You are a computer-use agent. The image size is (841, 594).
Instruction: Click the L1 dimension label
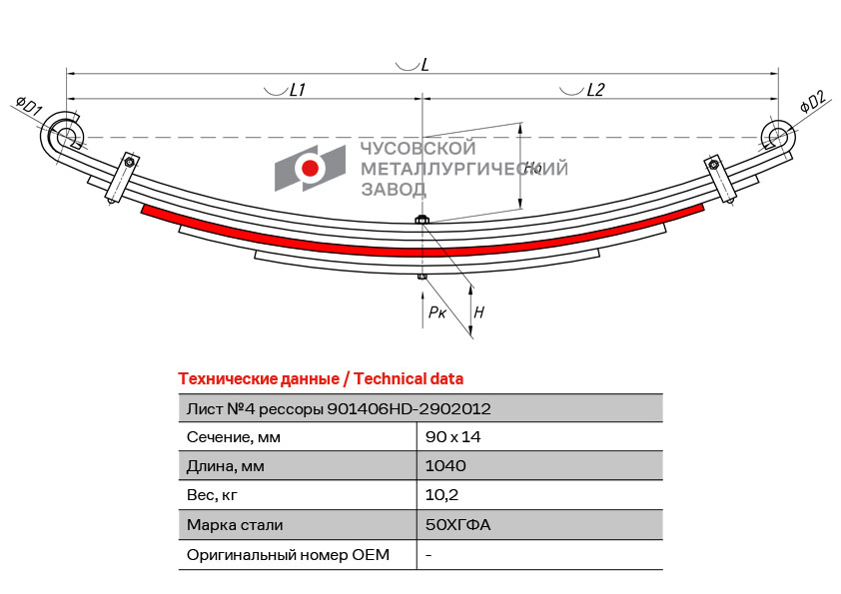click(x=297, y=90)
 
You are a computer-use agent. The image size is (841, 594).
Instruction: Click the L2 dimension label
click(x=595, y=90)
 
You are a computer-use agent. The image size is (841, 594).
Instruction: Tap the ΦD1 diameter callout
click(x=29, y=107)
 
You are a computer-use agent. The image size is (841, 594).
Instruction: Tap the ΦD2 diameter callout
click(x=815, y=101)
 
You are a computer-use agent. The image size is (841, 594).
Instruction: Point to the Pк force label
click(x=437, y=312)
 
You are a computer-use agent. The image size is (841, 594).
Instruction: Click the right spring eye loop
click(x=777, y=135)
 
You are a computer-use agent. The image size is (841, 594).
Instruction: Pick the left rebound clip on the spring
click(x=122, y=178)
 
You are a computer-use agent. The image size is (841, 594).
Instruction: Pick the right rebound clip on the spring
click(x=720, y=180)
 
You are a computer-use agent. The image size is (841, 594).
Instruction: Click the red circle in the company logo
click(x=310, y=168)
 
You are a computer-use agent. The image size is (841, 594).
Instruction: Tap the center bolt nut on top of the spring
click(x=421, y=219)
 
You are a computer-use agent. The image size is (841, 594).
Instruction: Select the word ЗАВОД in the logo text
click(x=394, y=190)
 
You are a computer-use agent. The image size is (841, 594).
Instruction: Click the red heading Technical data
click(x=409, y=379)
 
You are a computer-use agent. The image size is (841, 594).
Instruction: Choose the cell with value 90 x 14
click(x=453, y=437)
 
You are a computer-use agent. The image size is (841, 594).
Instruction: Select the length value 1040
click(x=445, y=466)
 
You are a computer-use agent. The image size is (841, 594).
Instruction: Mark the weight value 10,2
click(x=441, y=495)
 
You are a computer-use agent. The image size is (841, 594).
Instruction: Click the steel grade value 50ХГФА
click(x=458, y=524)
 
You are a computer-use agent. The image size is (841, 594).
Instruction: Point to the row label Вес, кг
click(x=212, y=495)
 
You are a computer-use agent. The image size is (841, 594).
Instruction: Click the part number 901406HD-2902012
click(x=409, y=409)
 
